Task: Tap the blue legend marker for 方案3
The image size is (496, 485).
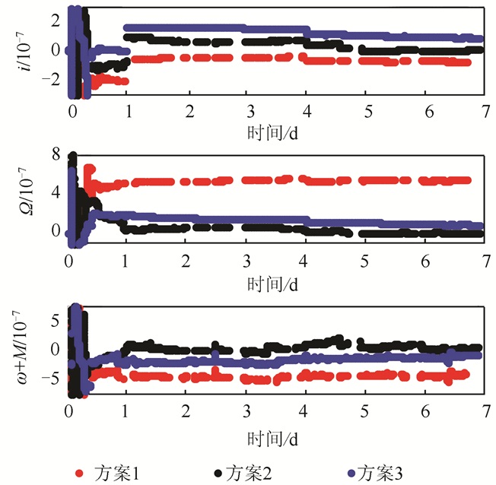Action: [351, 473]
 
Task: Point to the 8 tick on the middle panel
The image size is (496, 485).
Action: [53, 156]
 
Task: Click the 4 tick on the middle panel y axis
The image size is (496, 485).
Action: [53, 192]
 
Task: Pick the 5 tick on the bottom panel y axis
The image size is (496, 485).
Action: [53, 321]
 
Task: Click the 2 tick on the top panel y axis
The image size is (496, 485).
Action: [53, 20]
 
